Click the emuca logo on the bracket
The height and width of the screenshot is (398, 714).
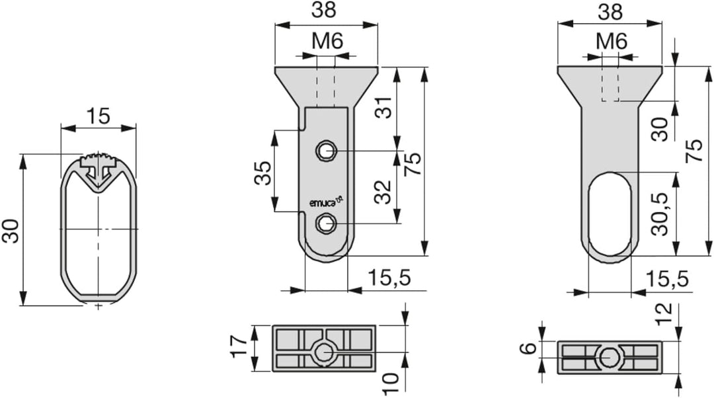326,201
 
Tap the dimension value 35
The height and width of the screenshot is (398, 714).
262,173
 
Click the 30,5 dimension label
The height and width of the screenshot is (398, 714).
659,214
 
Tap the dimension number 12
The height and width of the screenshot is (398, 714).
664,313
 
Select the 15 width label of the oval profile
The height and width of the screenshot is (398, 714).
99,116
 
